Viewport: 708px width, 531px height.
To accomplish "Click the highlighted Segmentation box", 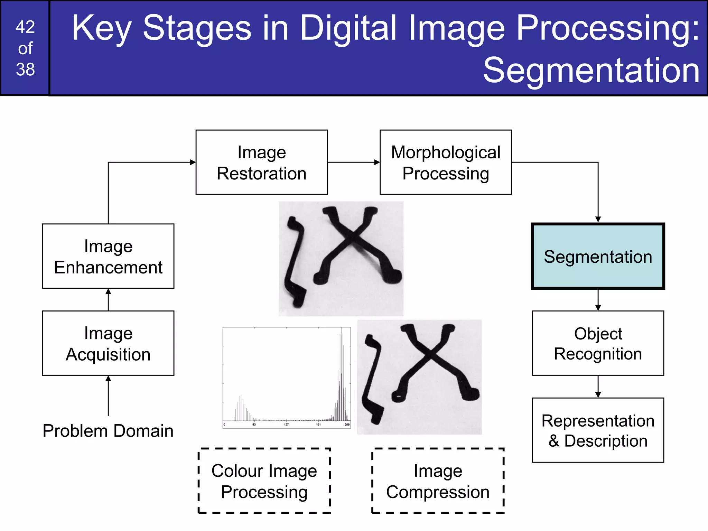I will point(598,256).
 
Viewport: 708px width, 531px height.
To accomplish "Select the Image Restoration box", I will point(261,162).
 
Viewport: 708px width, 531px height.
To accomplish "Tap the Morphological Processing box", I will point(446,162).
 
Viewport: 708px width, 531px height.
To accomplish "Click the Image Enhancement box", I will point(108,256).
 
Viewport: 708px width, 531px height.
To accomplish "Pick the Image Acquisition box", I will point(108,343).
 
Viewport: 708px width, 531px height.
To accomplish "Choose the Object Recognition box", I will point(598,343).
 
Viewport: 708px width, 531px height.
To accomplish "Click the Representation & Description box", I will point(598,430).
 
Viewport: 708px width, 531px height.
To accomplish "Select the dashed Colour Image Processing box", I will point(264,481).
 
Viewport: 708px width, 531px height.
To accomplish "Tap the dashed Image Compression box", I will point(438,481).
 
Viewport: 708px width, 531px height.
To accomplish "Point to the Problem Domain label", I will point(108,431).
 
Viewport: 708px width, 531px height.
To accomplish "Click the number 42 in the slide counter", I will point(25,27).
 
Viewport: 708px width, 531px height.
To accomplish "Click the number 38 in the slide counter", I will point(25,69).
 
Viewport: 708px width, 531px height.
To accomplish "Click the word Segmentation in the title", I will point(591,71).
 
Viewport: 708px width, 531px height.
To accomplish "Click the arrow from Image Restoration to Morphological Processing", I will point(353,162).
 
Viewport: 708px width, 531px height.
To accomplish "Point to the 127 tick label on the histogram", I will point(286,425).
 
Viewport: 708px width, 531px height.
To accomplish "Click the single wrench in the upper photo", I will point(295,263).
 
